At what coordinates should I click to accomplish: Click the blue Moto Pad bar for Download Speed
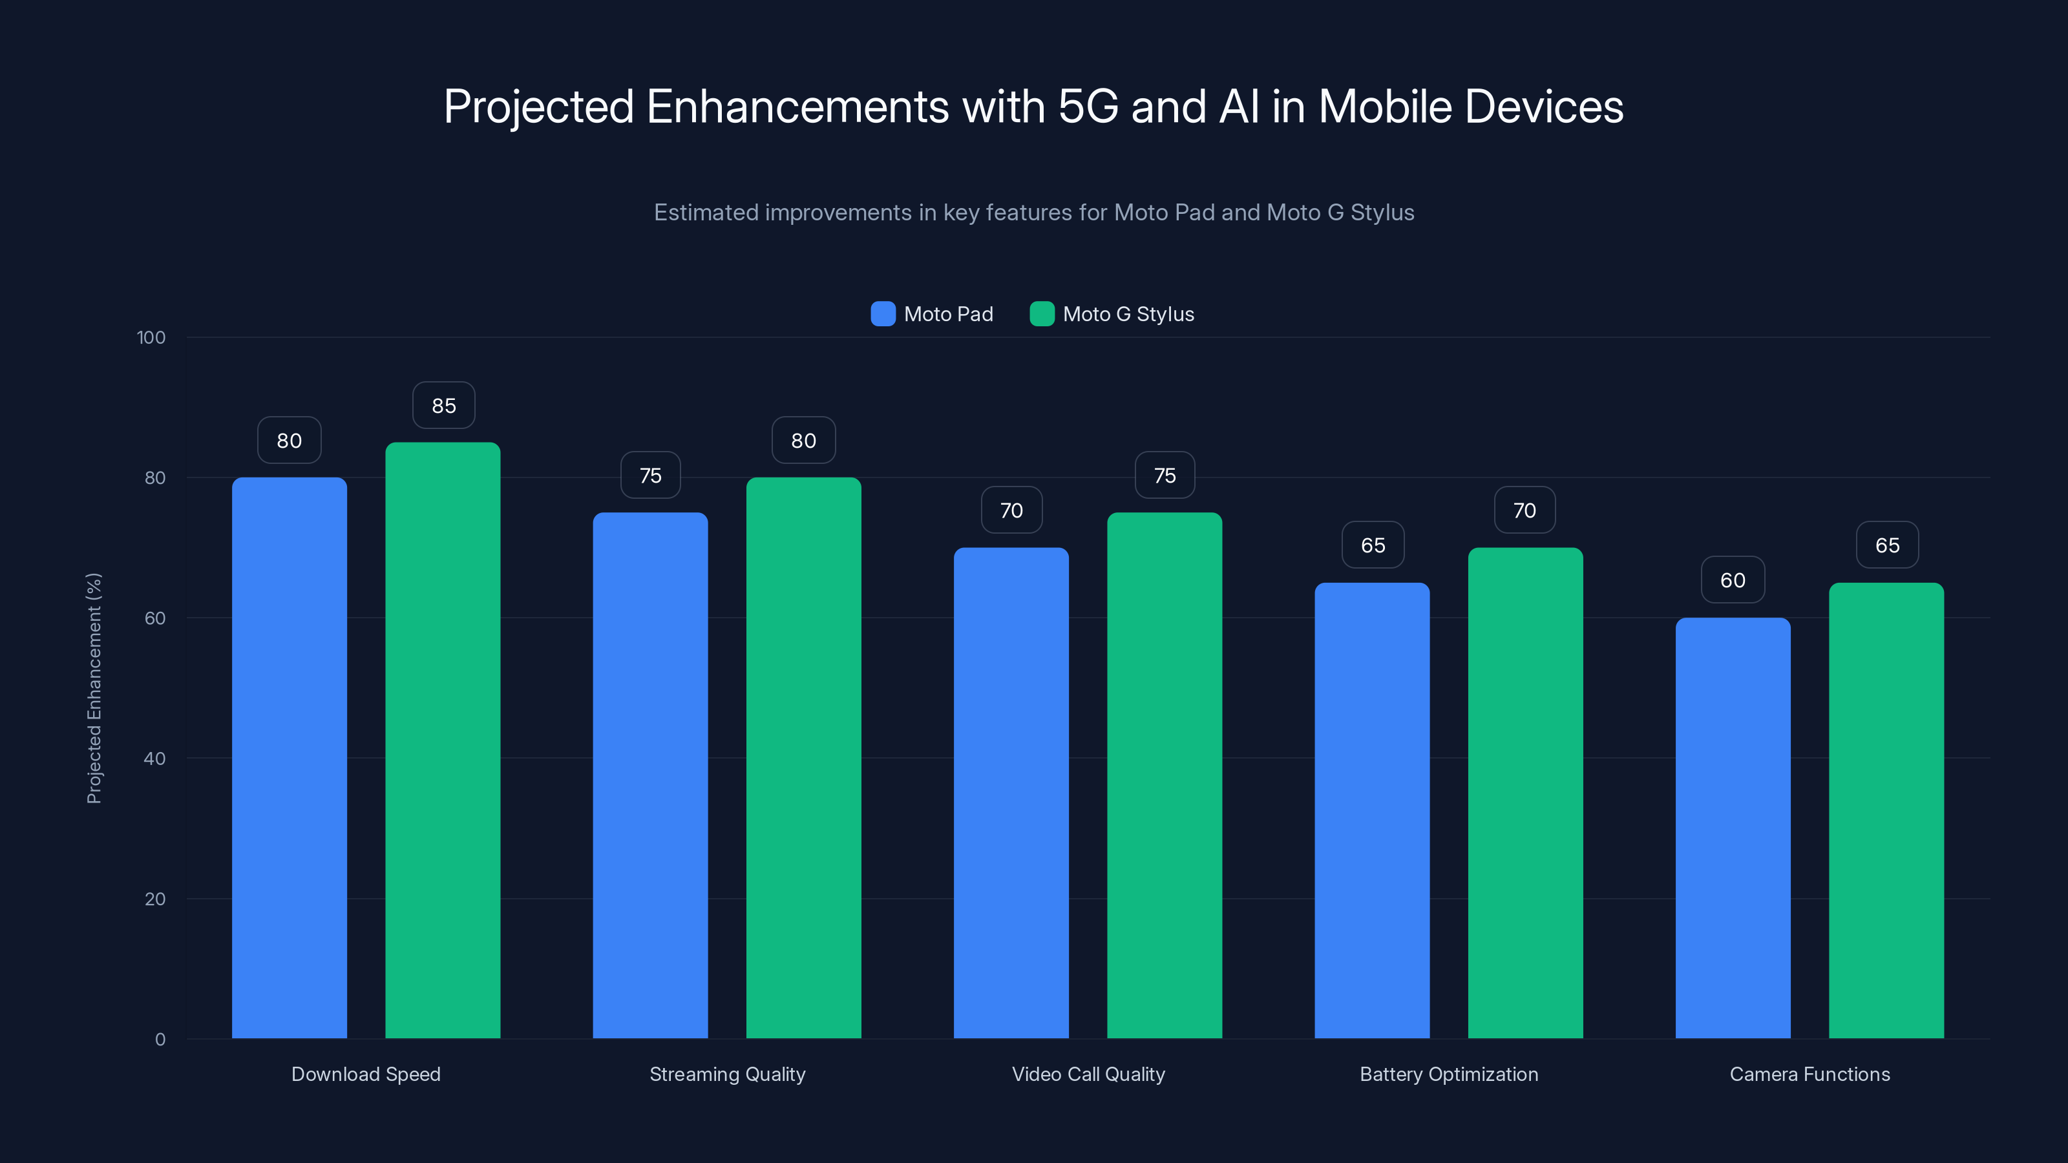tap(289, 759)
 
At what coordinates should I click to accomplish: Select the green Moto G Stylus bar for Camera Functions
tap(1886, 811)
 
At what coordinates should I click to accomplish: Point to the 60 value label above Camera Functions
tap(1733, 580)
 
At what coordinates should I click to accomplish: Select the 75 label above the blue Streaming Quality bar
tap(650, 476)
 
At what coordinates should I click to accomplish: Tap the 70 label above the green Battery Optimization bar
tap(1525, 510)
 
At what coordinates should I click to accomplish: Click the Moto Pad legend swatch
tap(883, 314)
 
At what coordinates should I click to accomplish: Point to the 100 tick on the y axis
tap(151, 338)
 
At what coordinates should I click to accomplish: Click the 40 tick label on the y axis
tap(154, 759)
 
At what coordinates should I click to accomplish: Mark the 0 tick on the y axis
tap(160, 1040)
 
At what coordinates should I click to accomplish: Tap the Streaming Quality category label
tap(727, 1074)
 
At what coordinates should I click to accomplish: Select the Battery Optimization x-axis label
tap(1448, 1074)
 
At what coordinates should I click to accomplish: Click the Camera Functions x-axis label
tap(1809, 1074)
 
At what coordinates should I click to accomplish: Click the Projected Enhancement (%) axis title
tap(94, 688)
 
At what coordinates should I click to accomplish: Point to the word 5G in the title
tap(1088, 107)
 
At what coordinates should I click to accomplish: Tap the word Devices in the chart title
tap(1543, 107)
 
